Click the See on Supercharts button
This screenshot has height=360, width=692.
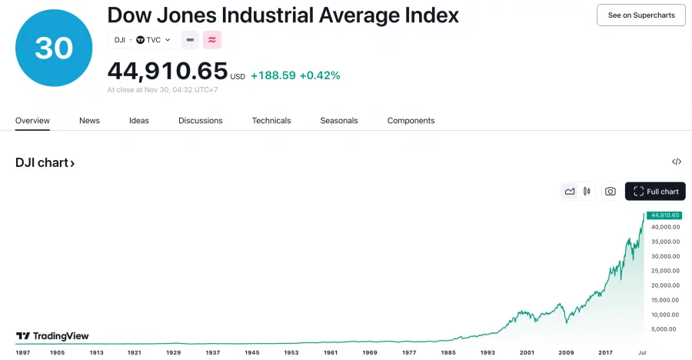pos(640,15)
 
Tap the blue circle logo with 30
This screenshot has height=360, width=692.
pos(53,48)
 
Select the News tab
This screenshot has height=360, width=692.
pos(89,121)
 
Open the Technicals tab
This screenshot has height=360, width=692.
pos(271,121)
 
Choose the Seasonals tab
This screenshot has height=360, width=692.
pos(339,121)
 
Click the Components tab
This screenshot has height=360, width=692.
pos(411,121)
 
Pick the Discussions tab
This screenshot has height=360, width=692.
pos(200,121)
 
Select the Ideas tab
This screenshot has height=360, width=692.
pos(139,121)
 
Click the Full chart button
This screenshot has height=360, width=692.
pos(655,192)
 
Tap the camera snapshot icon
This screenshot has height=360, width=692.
pos(610,192)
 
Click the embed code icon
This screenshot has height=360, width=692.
pos(677,162)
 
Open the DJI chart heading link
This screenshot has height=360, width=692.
pos(45,163)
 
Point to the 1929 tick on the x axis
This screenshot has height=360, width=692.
pos(173,352)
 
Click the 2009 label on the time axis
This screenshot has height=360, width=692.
pos(566,352)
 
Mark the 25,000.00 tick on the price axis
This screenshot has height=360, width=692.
pos(664,271)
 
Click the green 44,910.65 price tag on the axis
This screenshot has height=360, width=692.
pos(664,215)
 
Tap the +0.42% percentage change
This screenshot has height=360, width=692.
pos(320,75)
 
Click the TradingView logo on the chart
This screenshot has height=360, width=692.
pos(52,336)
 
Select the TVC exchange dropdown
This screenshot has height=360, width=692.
pos(153,40)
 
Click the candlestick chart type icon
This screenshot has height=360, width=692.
pos(587,192)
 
